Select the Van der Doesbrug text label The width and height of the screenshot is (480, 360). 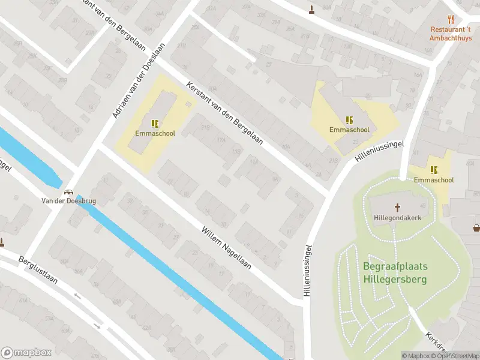point(68,201)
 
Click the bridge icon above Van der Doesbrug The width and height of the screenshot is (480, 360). point(68,192)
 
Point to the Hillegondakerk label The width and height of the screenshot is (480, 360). point(397,217)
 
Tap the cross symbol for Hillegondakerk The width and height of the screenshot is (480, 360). point(397,208)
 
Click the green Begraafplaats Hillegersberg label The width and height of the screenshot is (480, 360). point(395,272)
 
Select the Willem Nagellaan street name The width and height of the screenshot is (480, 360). point(226,247)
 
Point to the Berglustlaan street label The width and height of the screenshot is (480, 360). point(41,273)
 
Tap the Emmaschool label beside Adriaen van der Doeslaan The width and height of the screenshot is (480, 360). point(155,133)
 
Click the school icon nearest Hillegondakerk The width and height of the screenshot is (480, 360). point(433,170)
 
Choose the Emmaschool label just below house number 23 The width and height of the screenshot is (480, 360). point(349,129)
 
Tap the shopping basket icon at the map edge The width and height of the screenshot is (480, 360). point(476,227)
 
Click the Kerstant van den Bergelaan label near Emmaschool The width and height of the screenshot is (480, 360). point(225,112)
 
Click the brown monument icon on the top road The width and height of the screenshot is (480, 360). point(311,10)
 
